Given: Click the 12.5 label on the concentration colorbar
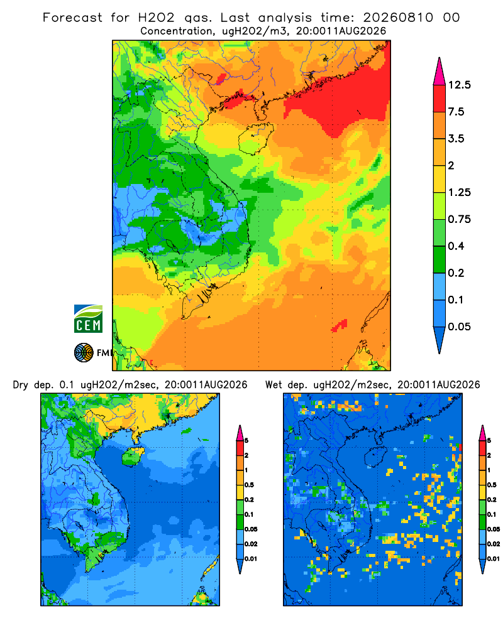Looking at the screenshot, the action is point(459,85).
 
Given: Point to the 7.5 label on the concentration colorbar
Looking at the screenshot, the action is point(456,112).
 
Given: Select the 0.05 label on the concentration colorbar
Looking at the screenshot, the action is point(459,327).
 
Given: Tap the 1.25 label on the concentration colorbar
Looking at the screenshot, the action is point(459,193).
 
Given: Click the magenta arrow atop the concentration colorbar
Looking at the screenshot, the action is point(439,72).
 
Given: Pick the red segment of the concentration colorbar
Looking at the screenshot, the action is point(439,99).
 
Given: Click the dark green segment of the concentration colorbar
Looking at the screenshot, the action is point(439,259).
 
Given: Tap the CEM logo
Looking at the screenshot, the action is point(88,319).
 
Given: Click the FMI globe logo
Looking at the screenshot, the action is point(84,353).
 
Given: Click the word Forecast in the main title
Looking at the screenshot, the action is point(72,18).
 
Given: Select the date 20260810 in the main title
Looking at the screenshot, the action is point(398,18).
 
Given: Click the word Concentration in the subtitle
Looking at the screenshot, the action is point(176,31).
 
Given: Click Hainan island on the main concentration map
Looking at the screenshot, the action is point(255,138).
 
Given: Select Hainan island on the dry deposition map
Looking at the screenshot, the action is point(133,456).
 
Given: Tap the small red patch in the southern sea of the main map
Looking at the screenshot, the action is point(340,325).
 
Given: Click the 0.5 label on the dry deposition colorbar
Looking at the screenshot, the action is point(249,485).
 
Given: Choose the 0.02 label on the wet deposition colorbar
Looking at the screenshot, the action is point(494,544).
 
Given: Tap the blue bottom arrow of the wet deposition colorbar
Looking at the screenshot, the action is point(482,566).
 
